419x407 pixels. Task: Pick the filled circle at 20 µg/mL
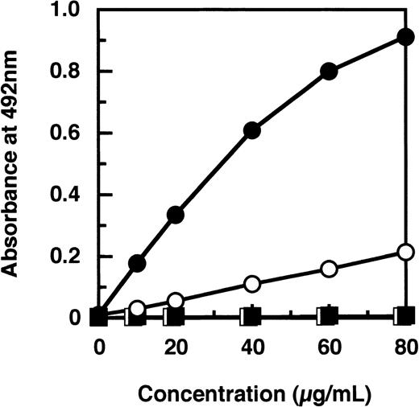tap(175, 214)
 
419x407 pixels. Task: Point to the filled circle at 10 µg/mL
tap(137, 263)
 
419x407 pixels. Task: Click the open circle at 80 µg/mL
tap(405, 252)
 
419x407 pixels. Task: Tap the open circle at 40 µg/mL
tap(252, 283)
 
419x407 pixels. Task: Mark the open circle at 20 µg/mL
tap(175, 300)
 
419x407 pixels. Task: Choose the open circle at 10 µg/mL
tap(137, 308)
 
